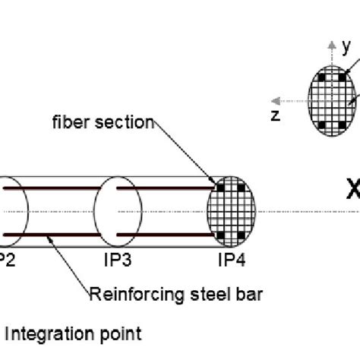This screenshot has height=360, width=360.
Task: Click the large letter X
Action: [352, 191]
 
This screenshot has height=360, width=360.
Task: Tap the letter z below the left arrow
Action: [276, 115]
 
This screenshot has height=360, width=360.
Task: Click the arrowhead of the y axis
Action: [331, 44]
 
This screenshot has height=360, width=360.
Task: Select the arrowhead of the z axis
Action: [278, 100]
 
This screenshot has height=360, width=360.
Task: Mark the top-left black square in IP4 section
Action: [221, 186]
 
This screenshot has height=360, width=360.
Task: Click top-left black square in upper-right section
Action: [322, 77]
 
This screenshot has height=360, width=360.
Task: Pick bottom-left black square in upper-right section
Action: [322, 124]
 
